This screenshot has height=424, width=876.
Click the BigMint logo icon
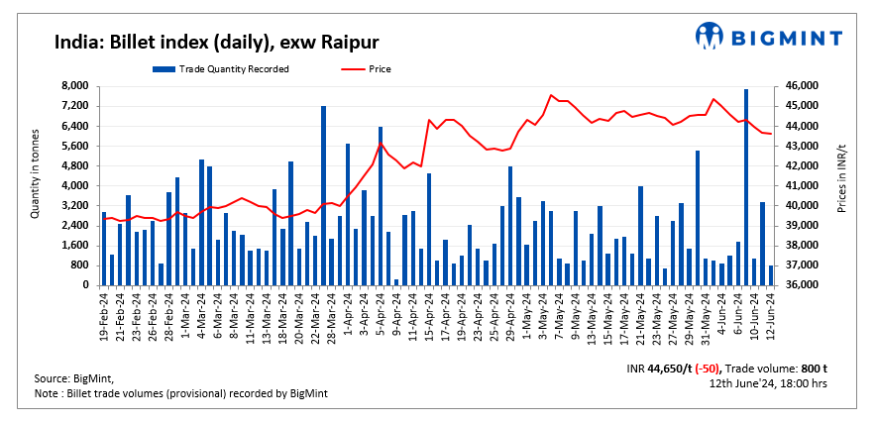tap(711, 36)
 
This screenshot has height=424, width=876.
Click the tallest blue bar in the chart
tap(745, 188)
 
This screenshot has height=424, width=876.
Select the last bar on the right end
tap(770, 275)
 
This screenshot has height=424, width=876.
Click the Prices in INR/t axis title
tap(841, 186)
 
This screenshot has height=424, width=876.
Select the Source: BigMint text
tap(73, 378)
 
